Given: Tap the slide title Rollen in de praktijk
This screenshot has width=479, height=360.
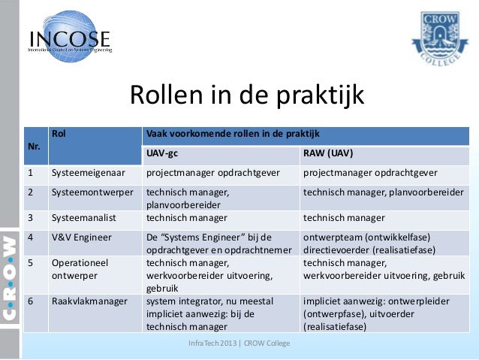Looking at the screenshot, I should click(247, 96).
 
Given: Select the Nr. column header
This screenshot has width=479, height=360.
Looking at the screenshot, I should click(34, 145).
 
